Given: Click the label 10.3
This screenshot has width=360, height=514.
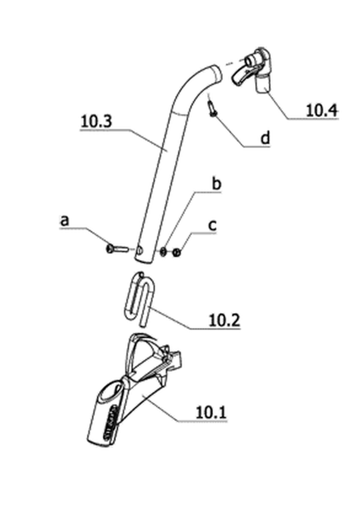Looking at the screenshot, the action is pyautogui.click(x=96, y=121).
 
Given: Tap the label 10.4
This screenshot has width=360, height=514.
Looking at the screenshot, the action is pyautogui.click(x=321, y=111).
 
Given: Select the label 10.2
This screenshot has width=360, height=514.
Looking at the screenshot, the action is pyautogui.click(x=224, y=320).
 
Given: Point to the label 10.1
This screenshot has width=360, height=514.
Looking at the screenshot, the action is pyautogui.click(x=211, y=412).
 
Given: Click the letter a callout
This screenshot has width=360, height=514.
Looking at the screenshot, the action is pyautogui.click(x=65, y=221).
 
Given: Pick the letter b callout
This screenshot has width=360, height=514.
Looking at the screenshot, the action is pyautogui.click(x=216, y=184).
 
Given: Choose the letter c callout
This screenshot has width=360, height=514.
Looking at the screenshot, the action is pyautogui.click(x=213, y=226).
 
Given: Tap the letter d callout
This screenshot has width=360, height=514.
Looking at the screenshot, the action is pyautogui.click(x=265, y=138).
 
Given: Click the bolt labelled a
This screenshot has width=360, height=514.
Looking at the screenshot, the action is pyautogui.click(x=117, y=249).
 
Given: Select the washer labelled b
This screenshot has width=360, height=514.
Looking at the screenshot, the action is pyautogui.click(x=163, y=252).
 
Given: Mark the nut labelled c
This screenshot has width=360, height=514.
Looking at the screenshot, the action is pyautogui.click(x=176, y=253).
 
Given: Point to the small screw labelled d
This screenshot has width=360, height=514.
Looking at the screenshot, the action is pyautogui.click(x=212, y=108).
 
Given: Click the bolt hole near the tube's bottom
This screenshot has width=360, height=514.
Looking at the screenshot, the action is pyautogui.click(x=140, y=250).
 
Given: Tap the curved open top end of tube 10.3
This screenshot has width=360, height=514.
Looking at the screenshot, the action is pyautogui.click(x=216, y=75).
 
